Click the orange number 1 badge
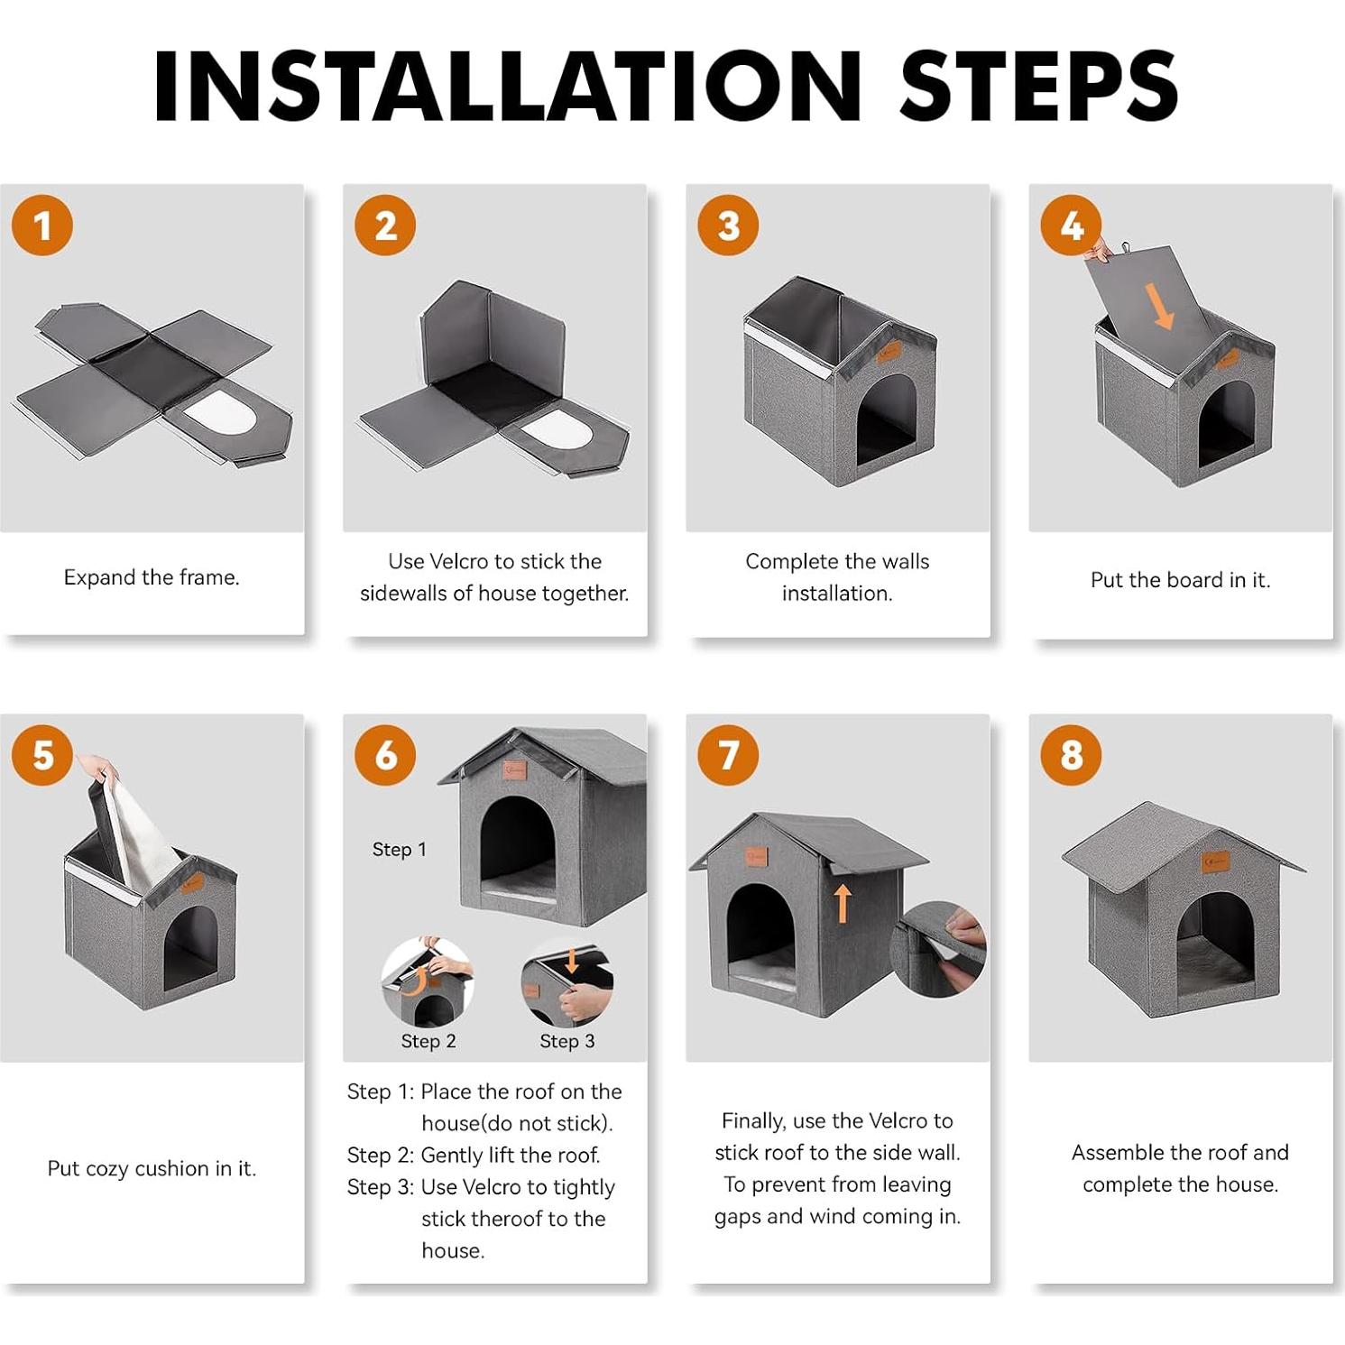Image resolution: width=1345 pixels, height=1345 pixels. click(x=42, y=225)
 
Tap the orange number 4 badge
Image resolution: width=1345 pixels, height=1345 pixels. click(x=1071, y=225)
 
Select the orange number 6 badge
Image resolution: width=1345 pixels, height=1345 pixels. click(x=385, y=755)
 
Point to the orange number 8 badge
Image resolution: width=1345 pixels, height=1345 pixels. click(x=1071, y=755)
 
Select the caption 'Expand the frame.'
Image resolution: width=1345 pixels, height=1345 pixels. click(x=152, y=577)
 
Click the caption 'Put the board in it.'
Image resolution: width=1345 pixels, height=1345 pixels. click(x=1180, y=580)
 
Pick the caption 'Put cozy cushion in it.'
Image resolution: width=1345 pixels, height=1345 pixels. click(x=152, y=1169)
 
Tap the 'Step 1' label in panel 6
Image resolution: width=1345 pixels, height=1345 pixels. click(x=399, y=850)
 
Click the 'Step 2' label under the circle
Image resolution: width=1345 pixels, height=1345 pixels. click(x=428, y=1041)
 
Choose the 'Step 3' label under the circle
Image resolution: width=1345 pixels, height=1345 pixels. click(x=567, y=1041)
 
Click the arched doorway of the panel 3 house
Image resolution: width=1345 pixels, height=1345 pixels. click(x=885, y=419)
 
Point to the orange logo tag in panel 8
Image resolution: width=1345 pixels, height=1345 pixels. click(x=1215, y=862)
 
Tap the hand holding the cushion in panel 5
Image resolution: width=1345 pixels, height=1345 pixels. click(x=97, y=769)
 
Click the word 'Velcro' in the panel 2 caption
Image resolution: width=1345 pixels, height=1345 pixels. click(x=460, y=561)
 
